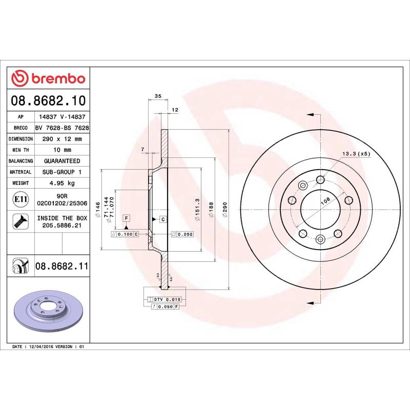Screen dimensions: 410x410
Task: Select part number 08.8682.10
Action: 48,100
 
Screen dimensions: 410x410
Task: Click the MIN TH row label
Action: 21,150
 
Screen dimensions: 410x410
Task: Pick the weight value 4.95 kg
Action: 62,183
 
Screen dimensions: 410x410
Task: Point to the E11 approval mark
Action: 21,198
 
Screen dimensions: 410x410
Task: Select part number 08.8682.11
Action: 62,266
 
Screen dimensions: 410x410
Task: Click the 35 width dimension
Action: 158,96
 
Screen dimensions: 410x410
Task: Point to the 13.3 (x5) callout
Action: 356,154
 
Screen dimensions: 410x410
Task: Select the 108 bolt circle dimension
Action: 325,201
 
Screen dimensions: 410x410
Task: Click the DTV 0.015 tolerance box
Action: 168,299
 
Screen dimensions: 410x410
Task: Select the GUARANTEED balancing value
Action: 62,161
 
